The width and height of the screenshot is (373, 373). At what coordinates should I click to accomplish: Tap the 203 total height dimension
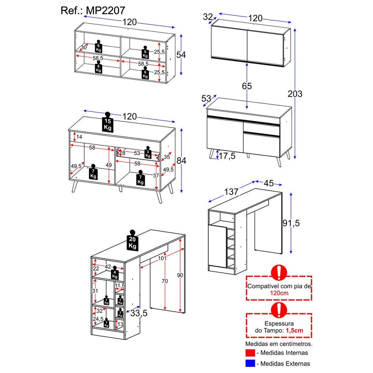click(x=295, y=94)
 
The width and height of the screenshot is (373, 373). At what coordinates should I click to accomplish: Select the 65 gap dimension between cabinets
click(x=247, y=86)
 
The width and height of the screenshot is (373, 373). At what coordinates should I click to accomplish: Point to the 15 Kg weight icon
click(x=107, y=123)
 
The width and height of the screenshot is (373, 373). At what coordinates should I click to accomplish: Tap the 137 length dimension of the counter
click(x=231, y=191)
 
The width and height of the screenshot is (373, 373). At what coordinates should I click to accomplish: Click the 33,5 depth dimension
click(x=139, y=313)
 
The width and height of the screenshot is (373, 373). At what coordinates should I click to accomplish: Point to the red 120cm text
click(x=279, y=293)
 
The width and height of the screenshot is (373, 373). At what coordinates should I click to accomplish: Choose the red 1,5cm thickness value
click(x=294, y=330)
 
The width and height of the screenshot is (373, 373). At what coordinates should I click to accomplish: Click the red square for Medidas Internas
click(x=250, y=353)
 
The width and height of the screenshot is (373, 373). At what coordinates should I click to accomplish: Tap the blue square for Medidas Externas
click(x=250, y=363)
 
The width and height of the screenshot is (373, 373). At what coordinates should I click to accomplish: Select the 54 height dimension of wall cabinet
click(x=181, y=55)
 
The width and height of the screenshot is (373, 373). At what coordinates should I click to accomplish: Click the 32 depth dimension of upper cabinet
click(x=208, y=17)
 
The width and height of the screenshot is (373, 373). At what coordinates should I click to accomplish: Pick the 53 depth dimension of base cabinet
click(x=206, y=98)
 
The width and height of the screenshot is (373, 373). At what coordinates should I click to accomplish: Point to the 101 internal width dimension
click(x=162, y=258)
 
